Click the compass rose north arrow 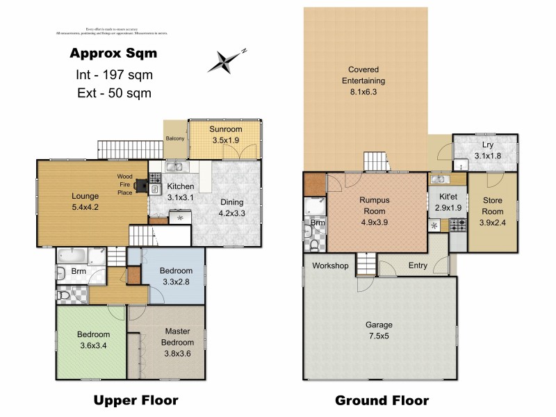tap(227, 61)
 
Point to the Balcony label tap(175, 138)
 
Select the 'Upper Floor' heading tap(136, 400)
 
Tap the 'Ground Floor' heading tap(382, 400)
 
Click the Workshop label tap(329, 265)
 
